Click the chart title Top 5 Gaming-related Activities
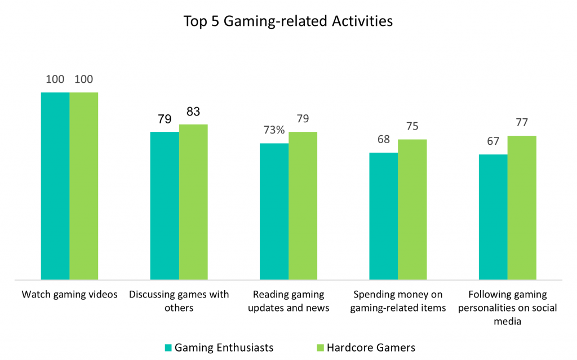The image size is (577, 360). (288, 22)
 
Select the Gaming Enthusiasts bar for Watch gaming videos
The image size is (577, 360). (55, 186)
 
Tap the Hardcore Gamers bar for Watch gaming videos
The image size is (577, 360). (84, 186)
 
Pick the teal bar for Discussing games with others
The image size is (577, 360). (165, 206)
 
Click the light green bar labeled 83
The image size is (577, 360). (193, 202)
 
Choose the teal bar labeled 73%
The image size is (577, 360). (274, 211)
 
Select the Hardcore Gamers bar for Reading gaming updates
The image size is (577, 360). (303, 206)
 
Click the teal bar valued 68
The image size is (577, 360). (383, 216)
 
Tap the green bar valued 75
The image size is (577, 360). (412, 210)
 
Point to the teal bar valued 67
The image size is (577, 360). (493, 217)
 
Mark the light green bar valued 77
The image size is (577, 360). (522, 207)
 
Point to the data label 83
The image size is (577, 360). (193, 112)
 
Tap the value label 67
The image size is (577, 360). (493, 141)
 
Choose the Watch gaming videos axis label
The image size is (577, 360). (69, 295)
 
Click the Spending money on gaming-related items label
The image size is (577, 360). (398, 301)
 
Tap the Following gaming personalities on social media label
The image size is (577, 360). (508, 308)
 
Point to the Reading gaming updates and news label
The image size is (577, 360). (288, 301)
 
